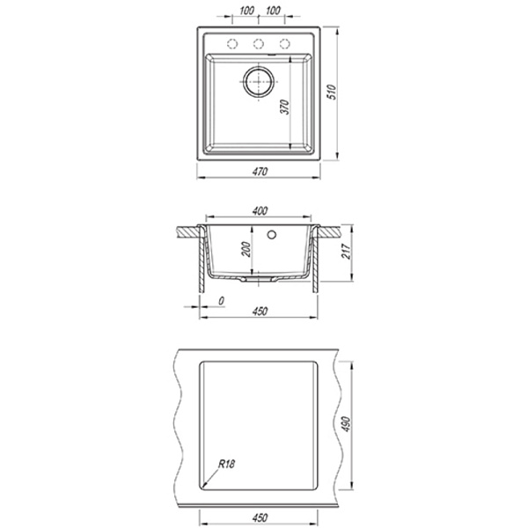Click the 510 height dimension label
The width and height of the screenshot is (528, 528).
(x=332, y=92)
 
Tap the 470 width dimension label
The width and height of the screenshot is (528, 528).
(x=260, y=172)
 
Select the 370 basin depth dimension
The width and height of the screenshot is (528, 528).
(x=285, y=106)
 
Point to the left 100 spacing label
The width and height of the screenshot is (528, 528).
(x=246, y=11)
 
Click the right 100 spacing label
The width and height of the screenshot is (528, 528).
(x=273, y=11)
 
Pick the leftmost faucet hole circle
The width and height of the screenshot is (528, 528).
(x=232, y=44)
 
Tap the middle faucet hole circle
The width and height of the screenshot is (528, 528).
(x=258, y=44)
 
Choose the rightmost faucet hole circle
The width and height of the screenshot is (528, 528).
(x=284, y=44)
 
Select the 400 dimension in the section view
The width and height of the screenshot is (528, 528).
(x=260, y=211)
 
